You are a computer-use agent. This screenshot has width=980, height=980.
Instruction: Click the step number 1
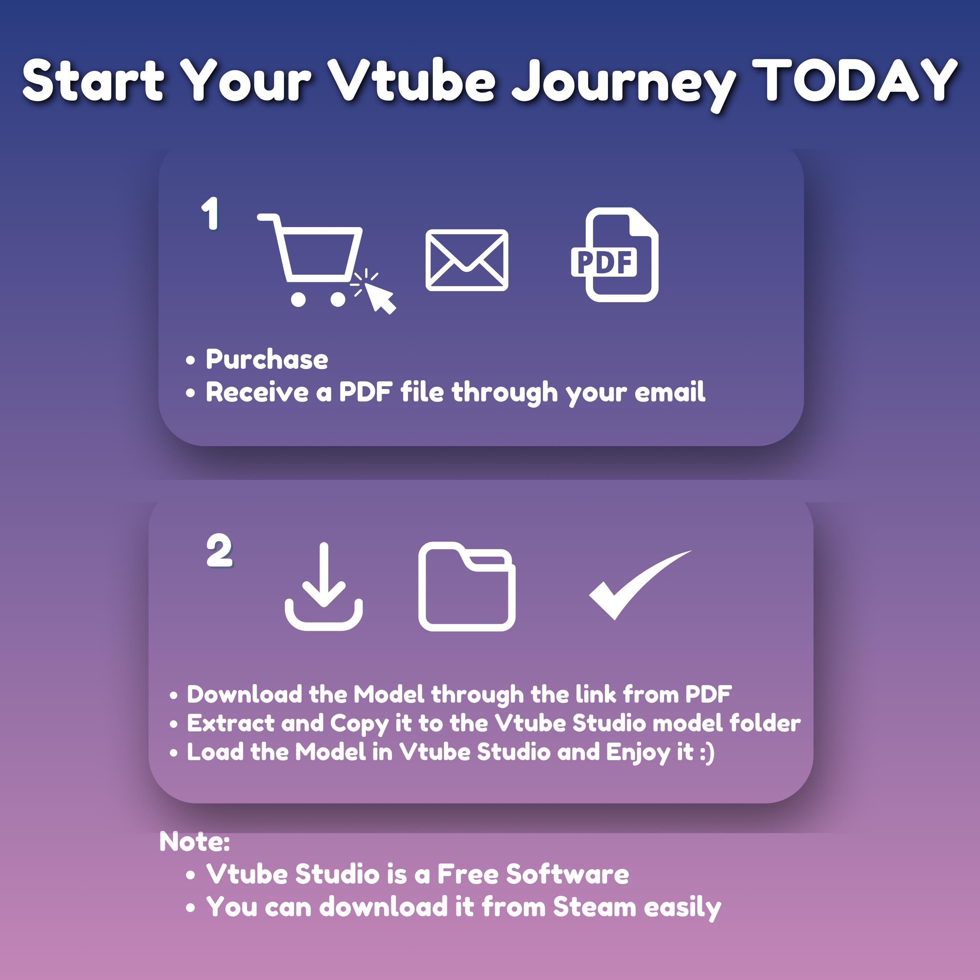210,214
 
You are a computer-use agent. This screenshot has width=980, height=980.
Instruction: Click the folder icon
467,587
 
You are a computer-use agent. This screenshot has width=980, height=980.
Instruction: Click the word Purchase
267,360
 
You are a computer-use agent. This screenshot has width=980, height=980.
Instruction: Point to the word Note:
194,841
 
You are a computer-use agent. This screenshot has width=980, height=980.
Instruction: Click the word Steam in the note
595,906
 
